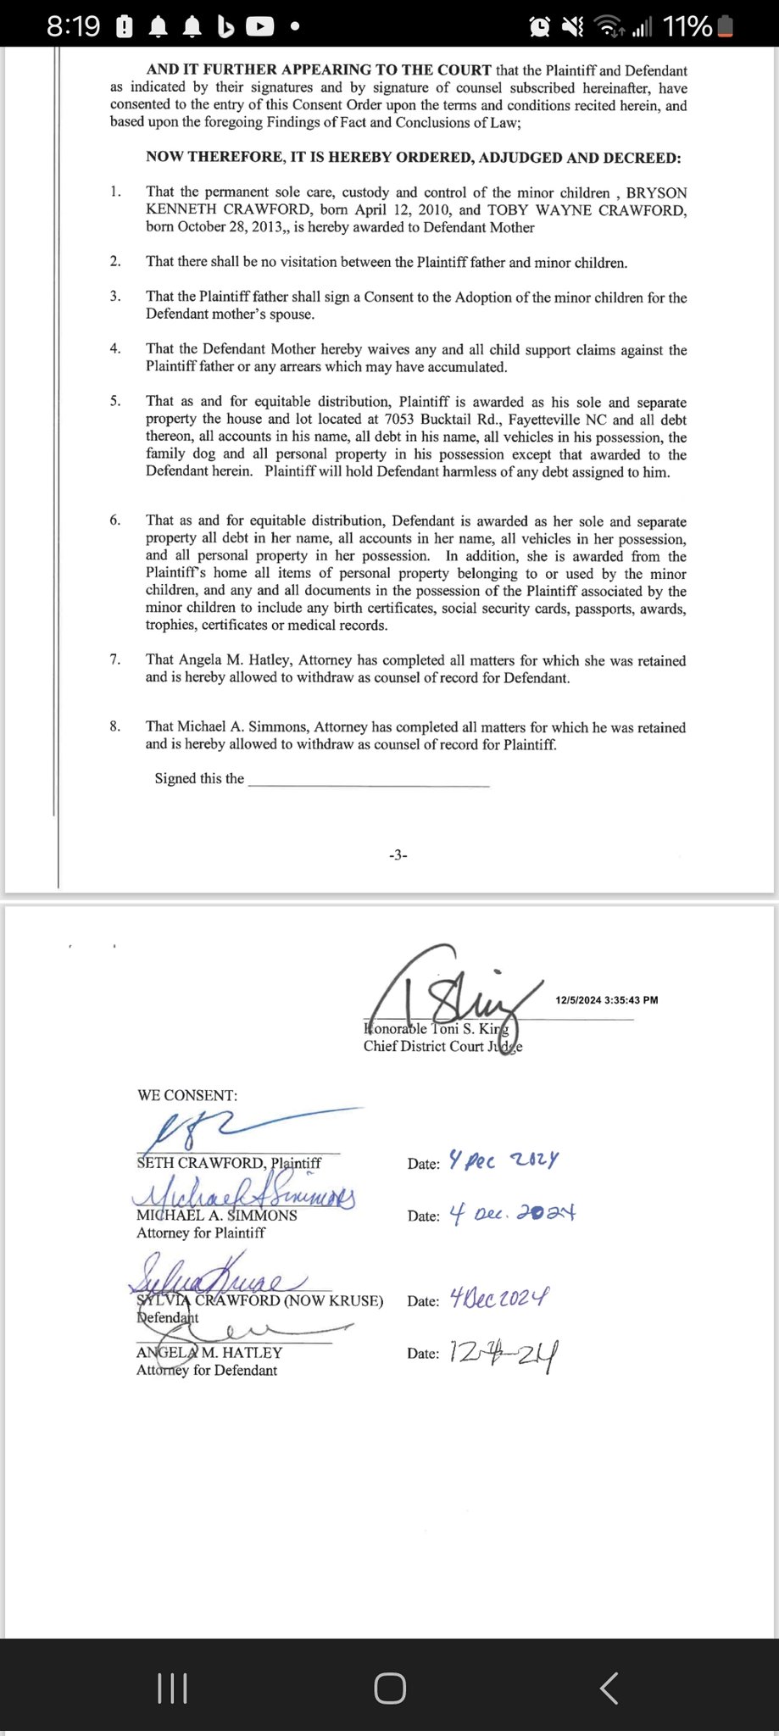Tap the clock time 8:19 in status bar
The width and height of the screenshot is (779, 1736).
[x=73, y=26]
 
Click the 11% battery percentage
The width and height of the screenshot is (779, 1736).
[x=687, y=26]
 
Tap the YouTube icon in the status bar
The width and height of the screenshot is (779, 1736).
[x=259, y=27]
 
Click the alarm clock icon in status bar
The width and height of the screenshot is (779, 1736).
[x=539, y=27]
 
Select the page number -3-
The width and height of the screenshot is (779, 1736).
[x=398, y=855]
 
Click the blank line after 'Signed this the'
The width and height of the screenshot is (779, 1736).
[x=369, y=780]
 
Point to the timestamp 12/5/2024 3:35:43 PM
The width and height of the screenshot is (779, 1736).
[x=607, y=999]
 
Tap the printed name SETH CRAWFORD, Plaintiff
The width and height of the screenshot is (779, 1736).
[x=229, y=1163]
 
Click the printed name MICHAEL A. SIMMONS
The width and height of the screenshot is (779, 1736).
[x=216, y=1216]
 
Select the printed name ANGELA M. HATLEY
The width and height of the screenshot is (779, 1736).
[x=209, y=1353]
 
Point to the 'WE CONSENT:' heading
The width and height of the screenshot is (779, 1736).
[x=187, y=1095]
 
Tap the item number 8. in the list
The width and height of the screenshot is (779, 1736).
[x=115, y=726]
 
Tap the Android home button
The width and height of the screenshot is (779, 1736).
[x=389, y=1688]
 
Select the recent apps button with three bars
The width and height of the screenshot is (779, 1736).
[x=173, y=1688]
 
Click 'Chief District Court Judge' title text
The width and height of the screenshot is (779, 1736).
[x=442, y=1046]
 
